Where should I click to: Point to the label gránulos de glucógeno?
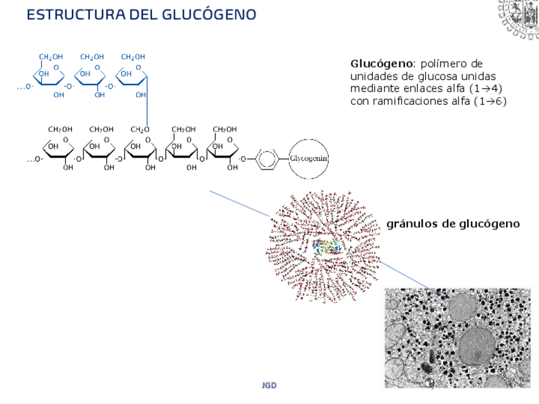coord(453,224)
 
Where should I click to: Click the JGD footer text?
coord(269,386)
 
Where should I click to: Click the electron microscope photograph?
coord(457,337)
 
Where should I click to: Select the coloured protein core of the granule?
coord(326,248)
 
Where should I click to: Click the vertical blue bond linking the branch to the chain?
coord(147,105)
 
